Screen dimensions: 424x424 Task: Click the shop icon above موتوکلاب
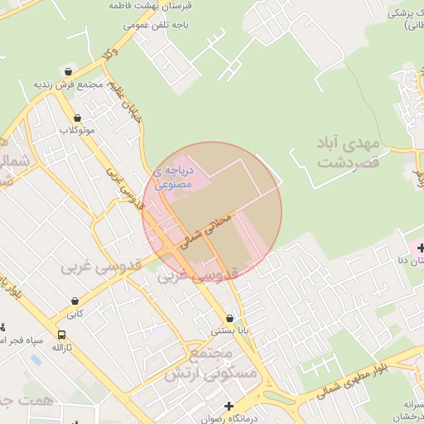point(78,118)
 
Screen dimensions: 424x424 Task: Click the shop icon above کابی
point(75,301)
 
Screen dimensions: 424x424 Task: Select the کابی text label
point(75,313)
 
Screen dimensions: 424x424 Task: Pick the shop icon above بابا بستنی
point(229,317)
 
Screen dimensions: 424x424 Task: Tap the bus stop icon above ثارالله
point(62,335)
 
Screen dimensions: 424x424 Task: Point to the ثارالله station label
point(62,348)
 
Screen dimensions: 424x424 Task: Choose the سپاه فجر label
point(22,340)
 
